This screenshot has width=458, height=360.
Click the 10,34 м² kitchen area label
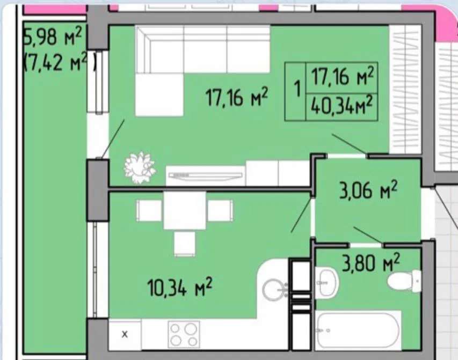179,286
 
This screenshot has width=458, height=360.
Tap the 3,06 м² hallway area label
368,190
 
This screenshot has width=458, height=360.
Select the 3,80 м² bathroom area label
370,263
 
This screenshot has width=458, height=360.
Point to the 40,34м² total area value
341,106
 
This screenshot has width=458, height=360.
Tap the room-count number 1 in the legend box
297,89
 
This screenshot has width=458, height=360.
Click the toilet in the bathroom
405,281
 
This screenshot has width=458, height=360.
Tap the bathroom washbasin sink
326,283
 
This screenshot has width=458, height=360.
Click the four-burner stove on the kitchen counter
184,335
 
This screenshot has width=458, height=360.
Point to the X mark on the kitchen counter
125,334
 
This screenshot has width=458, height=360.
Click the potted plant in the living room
139,167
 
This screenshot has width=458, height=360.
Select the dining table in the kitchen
185,210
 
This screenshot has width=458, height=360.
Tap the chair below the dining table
185,244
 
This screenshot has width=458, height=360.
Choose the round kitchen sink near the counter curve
274,290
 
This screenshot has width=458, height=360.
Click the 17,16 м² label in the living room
237,98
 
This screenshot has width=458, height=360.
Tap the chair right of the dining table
221,210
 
